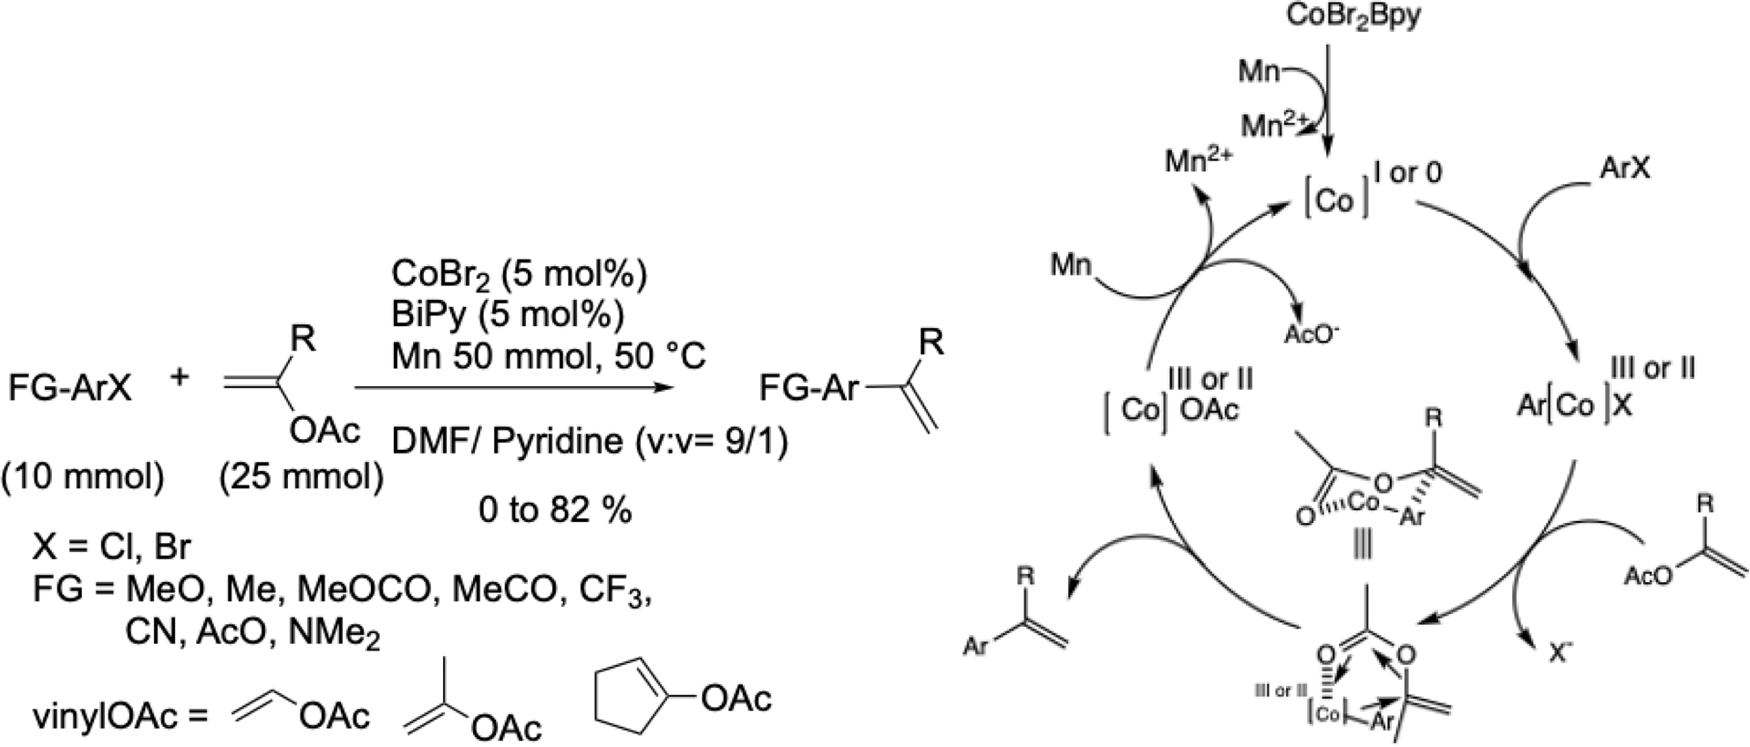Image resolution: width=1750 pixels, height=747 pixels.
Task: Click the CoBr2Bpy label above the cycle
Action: tap(1354, 16)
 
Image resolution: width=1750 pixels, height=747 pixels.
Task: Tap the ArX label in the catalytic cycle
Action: tap(1624, 169)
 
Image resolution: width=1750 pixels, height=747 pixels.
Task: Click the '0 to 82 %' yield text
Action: tap(555, 511)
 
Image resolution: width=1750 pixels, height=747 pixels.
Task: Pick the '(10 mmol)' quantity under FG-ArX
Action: tap(83, 476)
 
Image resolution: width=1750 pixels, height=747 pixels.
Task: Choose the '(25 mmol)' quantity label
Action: tap(302, 476)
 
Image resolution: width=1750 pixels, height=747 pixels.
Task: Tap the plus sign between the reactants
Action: tap(180, 376)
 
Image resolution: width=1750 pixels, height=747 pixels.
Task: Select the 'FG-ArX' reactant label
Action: tap(70, 390)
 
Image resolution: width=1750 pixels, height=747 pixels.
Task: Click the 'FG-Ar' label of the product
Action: tap(809, 390)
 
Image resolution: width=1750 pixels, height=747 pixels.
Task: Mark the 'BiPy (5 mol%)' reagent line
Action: tap(508, 314)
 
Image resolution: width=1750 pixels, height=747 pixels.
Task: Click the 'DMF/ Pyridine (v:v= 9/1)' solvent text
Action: tap(590, 443)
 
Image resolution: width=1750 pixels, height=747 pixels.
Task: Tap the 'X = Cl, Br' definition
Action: tap(111, 547)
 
